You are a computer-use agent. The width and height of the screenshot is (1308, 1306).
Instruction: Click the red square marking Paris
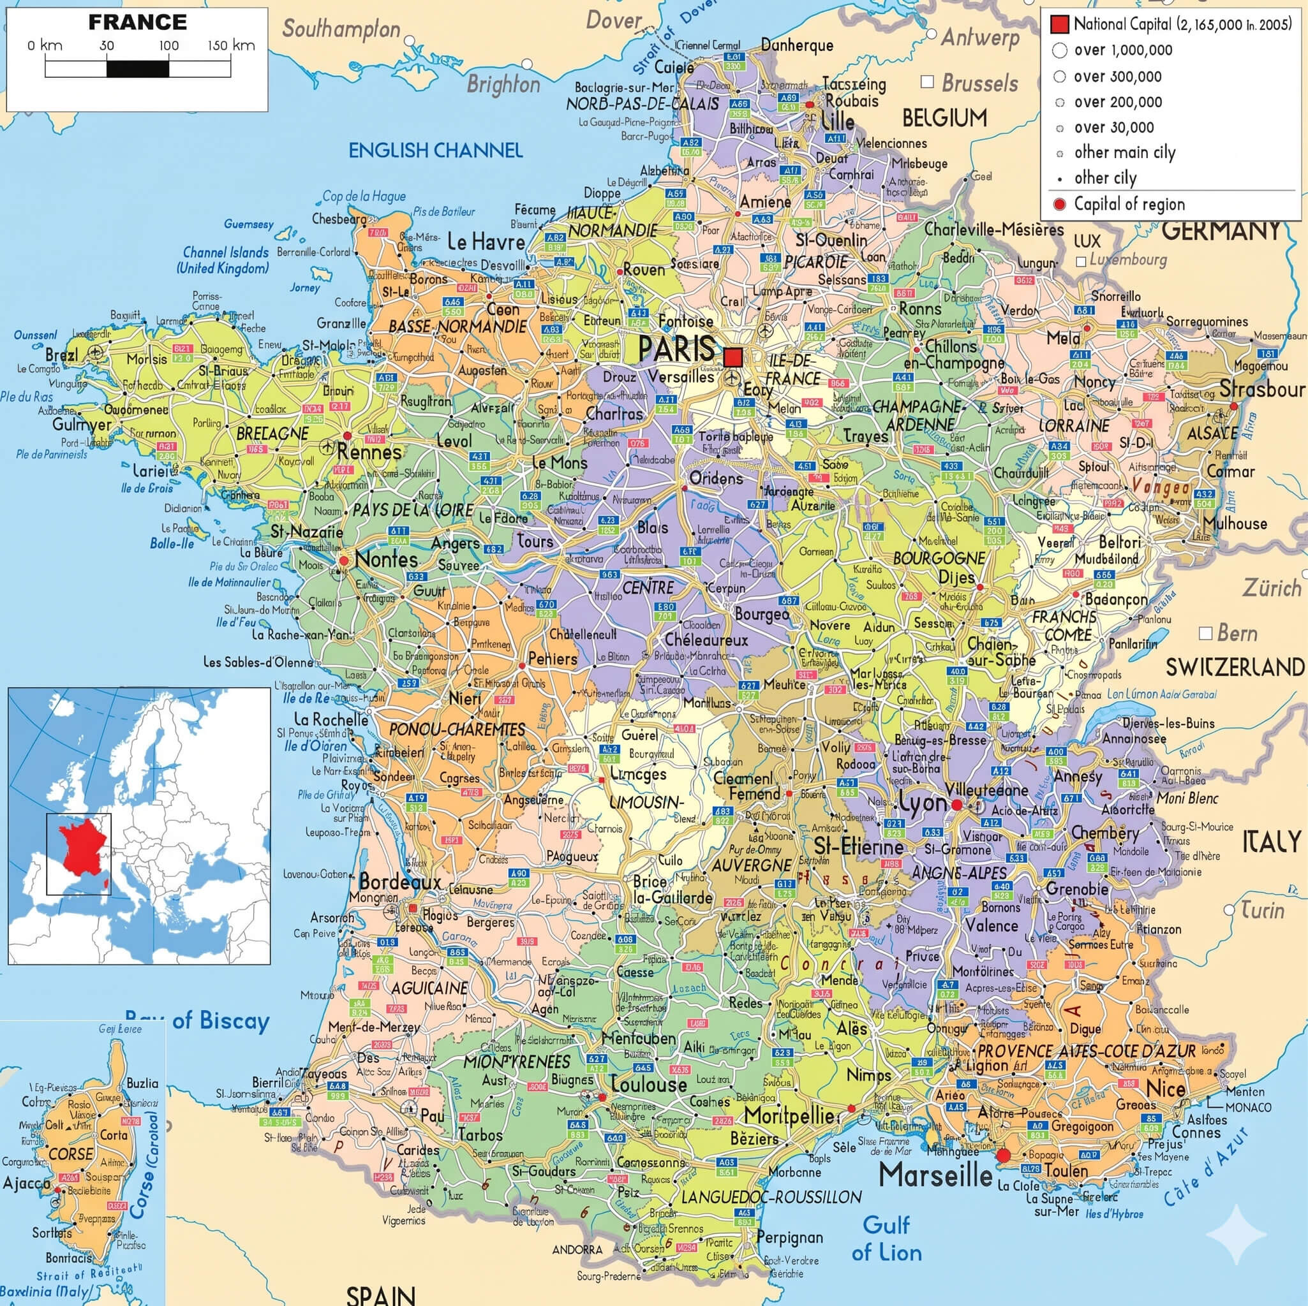[732, 356]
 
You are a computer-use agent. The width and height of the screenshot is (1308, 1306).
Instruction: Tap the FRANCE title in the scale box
[137, 22]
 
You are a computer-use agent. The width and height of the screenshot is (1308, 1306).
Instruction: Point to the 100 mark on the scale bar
[168, 46]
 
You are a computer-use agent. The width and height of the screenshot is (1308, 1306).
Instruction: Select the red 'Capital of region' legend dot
[1060, 204]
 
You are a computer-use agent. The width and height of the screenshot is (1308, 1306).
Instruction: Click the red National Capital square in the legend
[1059, 25]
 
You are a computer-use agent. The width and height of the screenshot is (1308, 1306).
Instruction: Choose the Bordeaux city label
[399, 882]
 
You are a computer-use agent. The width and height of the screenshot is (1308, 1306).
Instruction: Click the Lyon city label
[922, 803]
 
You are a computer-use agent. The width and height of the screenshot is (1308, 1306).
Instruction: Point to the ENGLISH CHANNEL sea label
[435, 150]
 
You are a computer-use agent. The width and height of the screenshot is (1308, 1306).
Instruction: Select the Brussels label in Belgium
[979, 84]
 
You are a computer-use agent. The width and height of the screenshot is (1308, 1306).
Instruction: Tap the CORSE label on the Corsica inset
[71, 1153]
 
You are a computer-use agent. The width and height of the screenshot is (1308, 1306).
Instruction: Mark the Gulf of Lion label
[886, 1238]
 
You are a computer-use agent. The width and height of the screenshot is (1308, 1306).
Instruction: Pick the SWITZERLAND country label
[1235, 668]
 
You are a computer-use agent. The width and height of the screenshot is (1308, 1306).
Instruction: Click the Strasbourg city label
[1262, 389]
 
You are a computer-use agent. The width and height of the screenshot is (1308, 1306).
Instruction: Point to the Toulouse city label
[649, 1083]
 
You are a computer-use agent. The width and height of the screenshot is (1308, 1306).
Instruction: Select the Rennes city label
[369, 452]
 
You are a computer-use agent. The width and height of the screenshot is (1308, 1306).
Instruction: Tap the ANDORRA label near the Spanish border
[577, 1249]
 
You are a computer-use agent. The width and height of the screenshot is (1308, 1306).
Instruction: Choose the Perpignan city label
[789, 1238]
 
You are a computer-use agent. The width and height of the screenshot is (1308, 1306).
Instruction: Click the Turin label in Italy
[1262, 910]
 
